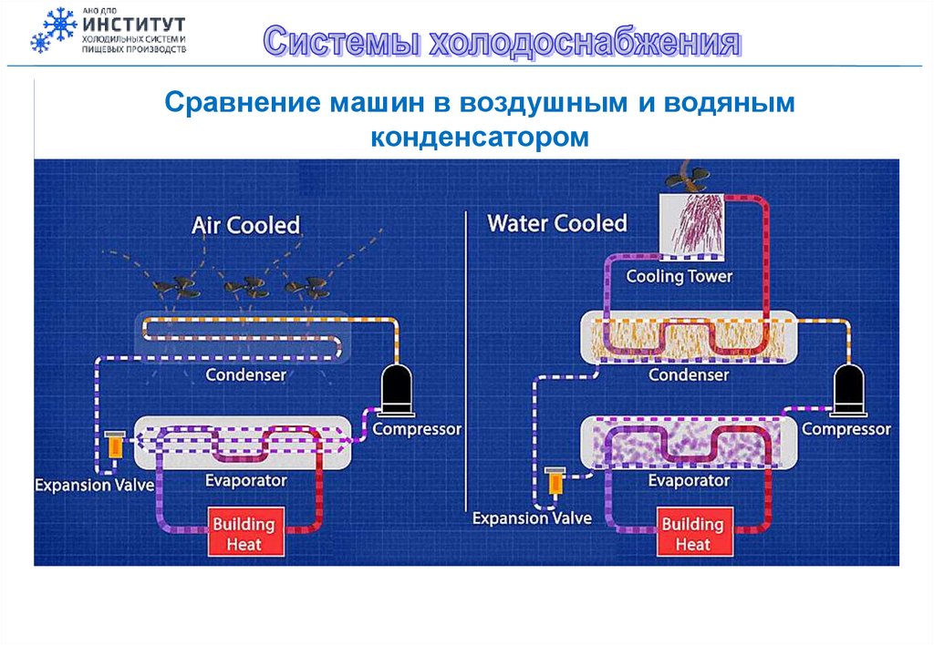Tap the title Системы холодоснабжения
501,43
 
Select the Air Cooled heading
245,225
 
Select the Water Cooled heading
557,223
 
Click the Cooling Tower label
680,276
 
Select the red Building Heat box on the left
244,534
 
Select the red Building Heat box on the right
692,534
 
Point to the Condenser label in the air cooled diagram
245,374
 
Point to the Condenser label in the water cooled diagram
689,374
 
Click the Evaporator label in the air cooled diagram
244,480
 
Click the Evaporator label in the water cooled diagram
689,481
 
